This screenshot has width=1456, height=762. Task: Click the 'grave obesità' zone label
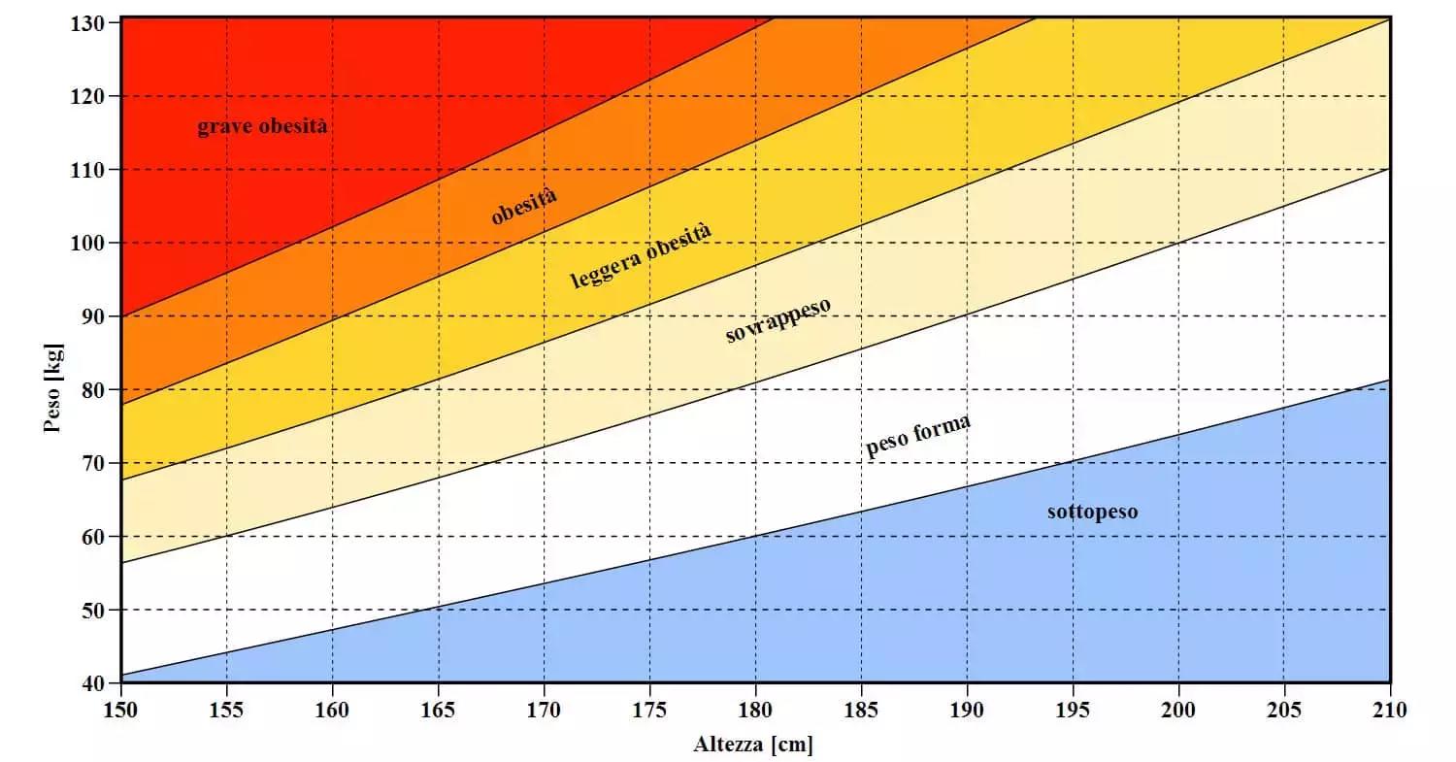click(x=262, y=127)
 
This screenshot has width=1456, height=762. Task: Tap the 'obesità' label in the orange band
click(x=524, y=207)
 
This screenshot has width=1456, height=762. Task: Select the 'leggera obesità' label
click(x=641, y=256)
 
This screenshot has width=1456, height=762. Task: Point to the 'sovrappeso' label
click(x=778, y=320)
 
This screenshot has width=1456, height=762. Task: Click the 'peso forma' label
click(x=917, y=437)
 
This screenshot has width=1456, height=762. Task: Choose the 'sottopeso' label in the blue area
click(x=1092, y=512)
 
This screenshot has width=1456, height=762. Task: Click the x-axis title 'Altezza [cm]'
click(x=753, y=745)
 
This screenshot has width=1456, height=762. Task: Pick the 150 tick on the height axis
click(x=121, y=711)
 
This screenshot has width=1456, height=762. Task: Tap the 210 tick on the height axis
click(x=1390, y=711)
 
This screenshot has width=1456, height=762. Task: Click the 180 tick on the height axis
click(x=755, y=711)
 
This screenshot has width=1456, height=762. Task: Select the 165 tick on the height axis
click(x=439, y=711)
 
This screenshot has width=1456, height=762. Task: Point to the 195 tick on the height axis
click(x=1073, y=711)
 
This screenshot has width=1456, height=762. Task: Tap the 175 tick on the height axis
click(x=649, y=711)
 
